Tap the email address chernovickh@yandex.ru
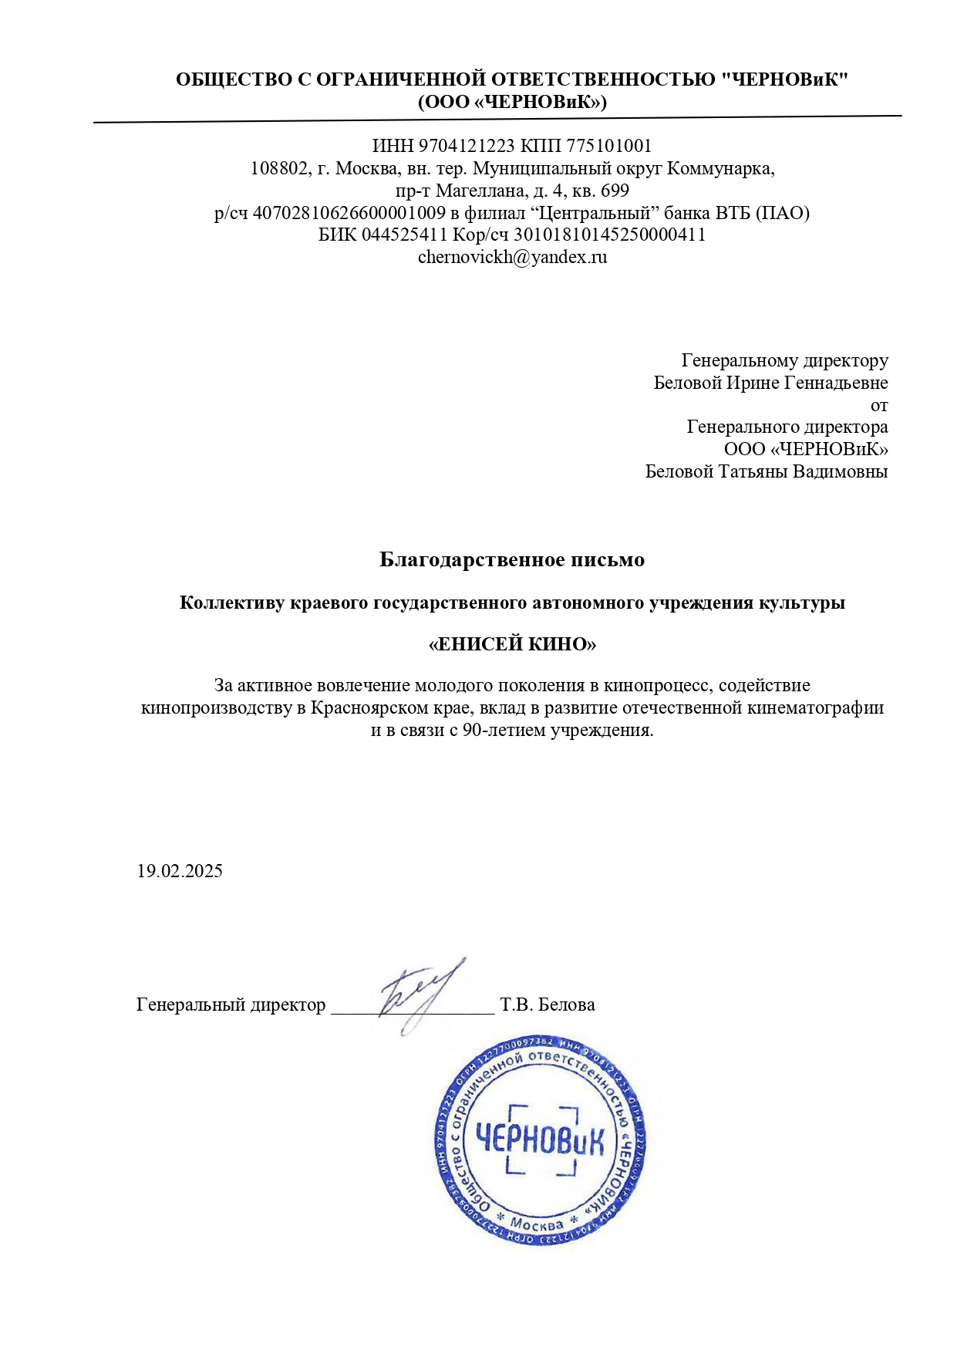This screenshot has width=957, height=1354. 512,258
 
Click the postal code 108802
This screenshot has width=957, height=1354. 279,169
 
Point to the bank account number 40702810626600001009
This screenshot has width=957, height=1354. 349,214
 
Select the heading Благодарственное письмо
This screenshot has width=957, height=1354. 512,560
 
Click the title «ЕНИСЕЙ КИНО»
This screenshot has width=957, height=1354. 512,644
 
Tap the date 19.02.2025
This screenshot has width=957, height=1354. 180,872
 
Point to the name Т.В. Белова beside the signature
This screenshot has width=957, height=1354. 548,1005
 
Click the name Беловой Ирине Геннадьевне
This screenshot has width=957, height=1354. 770,383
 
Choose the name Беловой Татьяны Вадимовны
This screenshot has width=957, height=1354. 767,472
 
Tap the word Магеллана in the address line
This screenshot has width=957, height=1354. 476,191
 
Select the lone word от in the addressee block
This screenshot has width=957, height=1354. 879,406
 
